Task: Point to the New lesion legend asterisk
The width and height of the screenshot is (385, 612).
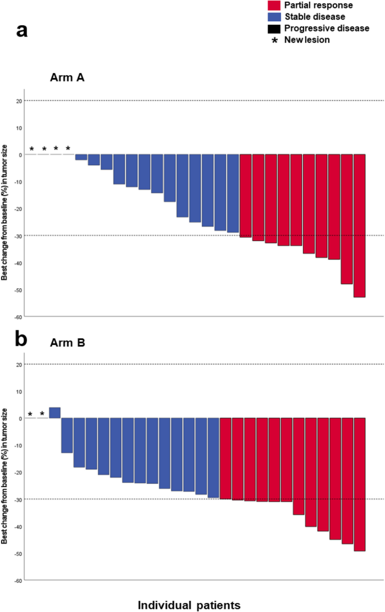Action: point(275,40)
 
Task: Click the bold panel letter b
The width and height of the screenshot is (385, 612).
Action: point(22,340)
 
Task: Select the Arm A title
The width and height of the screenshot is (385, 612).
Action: point(65,78)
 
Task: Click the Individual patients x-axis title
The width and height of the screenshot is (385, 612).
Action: point(189,605)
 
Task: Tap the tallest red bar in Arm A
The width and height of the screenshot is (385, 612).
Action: point(360,225)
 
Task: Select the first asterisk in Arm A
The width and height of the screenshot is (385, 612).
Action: point(31,149)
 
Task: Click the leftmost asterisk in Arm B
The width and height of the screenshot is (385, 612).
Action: point(30,415)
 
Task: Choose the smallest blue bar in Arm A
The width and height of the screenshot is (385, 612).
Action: point(81,157)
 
